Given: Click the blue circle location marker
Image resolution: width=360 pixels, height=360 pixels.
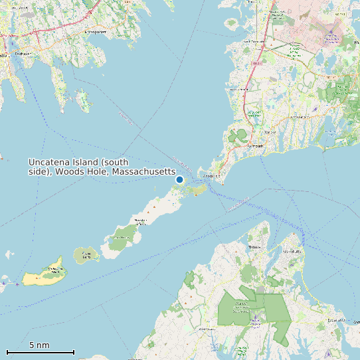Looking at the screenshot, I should (179, 179).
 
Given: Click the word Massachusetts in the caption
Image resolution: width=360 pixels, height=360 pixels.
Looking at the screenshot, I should (143, 172).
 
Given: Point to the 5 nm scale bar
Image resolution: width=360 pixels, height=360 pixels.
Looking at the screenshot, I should (40, 351).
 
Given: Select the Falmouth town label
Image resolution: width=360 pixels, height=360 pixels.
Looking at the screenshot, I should (255, 145).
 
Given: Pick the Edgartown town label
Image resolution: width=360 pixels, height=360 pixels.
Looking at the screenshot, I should (336, 320).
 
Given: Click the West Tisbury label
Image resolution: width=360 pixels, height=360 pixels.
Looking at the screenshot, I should (207, 329).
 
